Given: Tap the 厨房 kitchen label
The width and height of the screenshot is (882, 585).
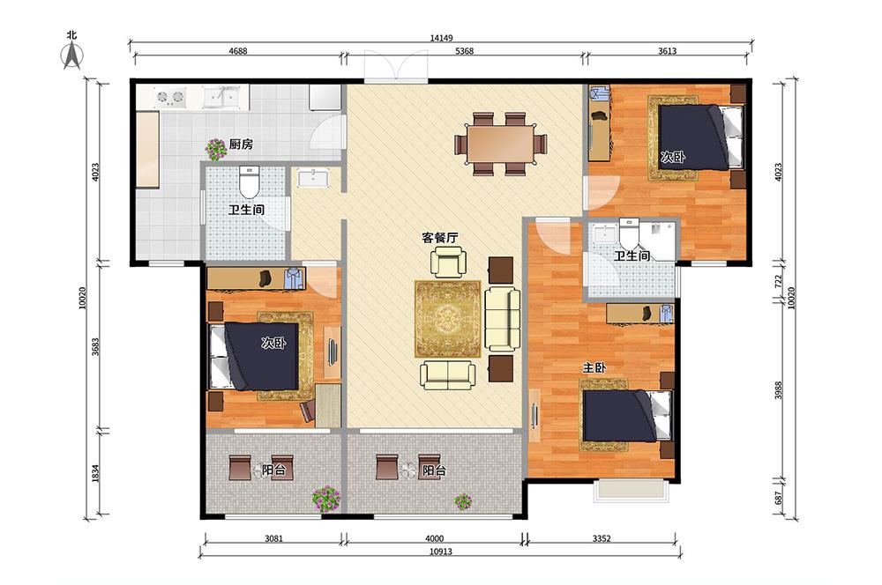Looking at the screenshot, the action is (x=241, y=144).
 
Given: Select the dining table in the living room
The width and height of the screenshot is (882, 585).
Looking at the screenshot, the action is (x=501, y=144).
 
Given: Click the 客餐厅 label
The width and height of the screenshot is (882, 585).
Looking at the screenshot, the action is (x=440, y=238).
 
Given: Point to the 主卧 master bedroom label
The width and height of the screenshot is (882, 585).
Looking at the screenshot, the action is (x=594, y=368).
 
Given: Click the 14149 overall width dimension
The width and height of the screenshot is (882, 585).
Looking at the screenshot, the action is (x=442, y=38).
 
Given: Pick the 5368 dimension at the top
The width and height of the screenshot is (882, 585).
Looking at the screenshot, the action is (x=464, y=50).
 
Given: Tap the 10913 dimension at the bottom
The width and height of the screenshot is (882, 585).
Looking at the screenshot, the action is (x=441, y=552).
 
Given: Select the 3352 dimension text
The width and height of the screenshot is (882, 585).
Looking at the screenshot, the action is (x=602, y=538).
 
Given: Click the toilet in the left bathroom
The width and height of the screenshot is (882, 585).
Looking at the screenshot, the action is (x=248, y=179).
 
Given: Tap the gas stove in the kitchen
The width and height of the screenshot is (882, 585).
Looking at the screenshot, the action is (x=170, y=97).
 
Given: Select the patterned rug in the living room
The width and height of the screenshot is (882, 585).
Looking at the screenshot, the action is (x=448, y=319).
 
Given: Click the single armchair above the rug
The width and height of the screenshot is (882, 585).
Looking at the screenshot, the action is (x=448, y=263).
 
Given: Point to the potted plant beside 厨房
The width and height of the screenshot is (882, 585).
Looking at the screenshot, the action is (x=215, y=150).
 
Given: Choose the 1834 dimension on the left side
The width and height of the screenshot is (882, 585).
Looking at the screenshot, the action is (x=95, y=472).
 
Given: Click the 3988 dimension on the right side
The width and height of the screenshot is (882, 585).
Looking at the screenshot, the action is (x=778, y=390).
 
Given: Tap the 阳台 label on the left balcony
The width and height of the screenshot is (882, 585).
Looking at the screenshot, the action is (x=274, y=470).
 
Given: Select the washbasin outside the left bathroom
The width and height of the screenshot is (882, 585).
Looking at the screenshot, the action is (x=313, y=178).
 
